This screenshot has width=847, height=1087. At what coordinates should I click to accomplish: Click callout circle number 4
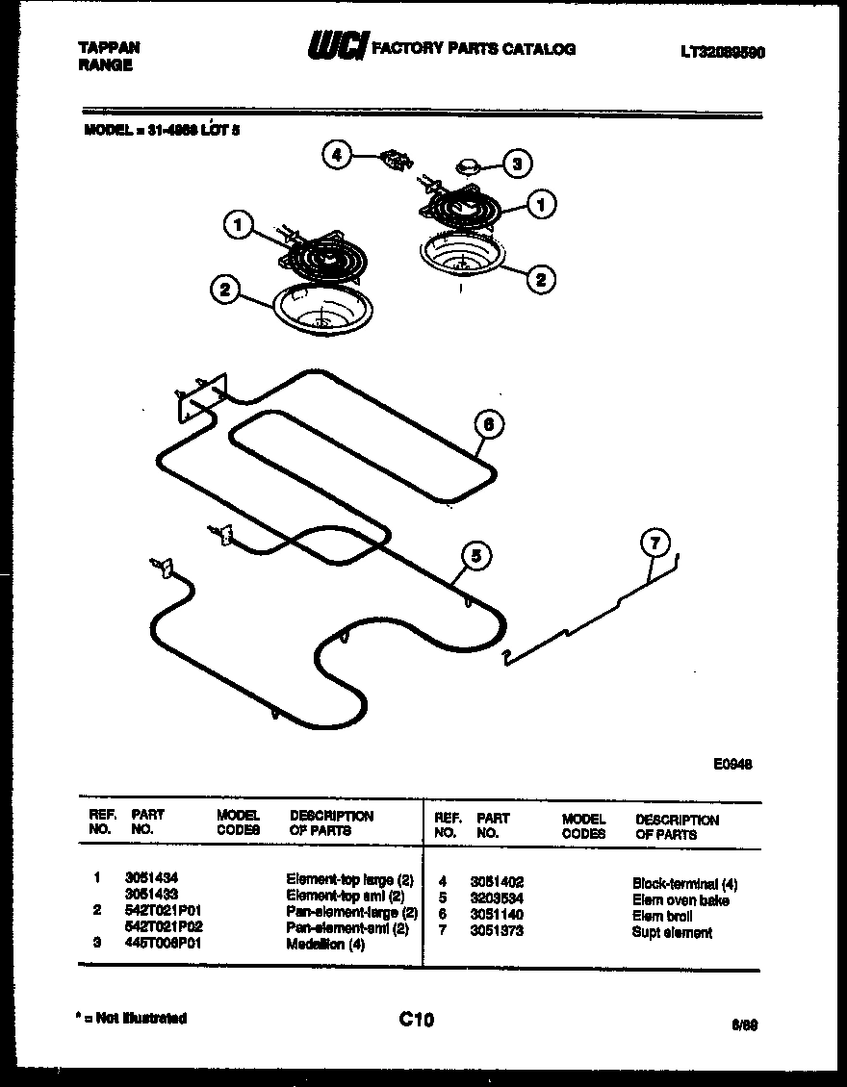point(336,155)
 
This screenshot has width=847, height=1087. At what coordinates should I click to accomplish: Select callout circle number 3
point(518,164)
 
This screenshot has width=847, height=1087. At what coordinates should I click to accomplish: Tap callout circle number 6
point(489,424)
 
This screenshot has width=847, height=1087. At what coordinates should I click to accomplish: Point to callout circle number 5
point(475,555)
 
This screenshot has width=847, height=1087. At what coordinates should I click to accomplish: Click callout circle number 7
point(654,543)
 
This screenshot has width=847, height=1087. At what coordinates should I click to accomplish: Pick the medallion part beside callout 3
point(471,167)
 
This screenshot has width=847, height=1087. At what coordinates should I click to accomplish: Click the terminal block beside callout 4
point(394,159)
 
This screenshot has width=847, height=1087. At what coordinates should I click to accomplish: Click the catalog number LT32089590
point(722,54)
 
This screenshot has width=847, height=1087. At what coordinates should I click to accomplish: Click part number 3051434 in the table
point(151,878)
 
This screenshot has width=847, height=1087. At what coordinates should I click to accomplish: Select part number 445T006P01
point(164,944)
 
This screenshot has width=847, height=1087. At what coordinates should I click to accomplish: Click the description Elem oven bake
point(680,900)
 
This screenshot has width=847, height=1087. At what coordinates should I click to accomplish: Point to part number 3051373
point(497,931)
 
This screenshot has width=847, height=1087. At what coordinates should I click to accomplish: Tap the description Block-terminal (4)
point(684,883)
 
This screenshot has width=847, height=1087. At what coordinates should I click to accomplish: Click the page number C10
point(416,1020)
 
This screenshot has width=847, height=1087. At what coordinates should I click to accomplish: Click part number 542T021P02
point(164,927)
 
